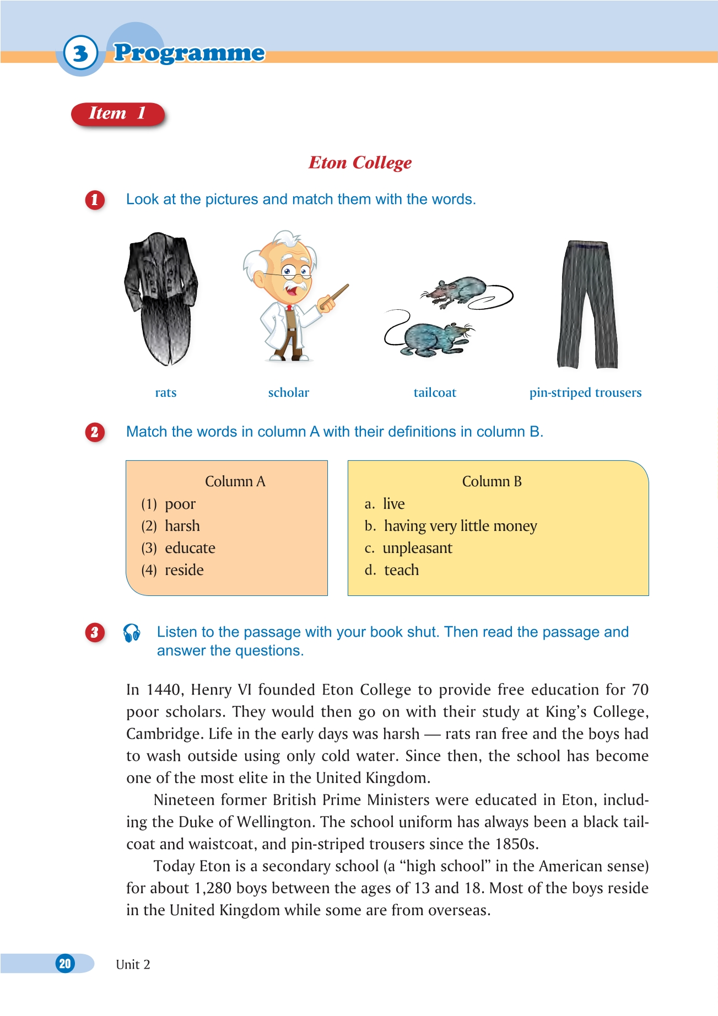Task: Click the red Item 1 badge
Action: pyautogui.click(x=117, y=114)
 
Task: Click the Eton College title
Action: pyautogui.click(x=360, y=163)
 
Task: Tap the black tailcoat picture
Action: pyautogui.click(x=161, y=298)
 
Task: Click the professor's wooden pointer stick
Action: pyautogui.click(x=336, y=296)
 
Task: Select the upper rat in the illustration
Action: pyautogui.click(x=457, y=291)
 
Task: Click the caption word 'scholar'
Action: pyautogui.click(x=288, y=393)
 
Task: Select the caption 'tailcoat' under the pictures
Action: pyautogui.click(x=435, y=393)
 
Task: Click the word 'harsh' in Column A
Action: pyautogui.click(x=182, y=526)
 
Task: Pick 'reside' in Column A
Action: pyautogui.click(x=184, y=570)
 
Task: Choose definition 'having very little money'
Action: pyautogui.click(x=460, y=526)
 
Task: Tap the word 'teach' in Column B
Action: pyautogui.click(x=401, y=570)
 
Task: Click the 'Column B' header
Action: pyautogui.click(x=492, y=481)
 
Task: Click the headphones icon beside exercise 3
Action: pyautogui.click(x=132, y=633)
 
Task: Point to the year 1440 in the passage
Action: pyautogui.click(x=164, y=690)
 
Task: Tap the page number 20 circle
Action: pyautogui.click(x=65, y=964)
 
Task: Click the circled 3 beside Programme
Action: pyautogui.click(x=80, y=53)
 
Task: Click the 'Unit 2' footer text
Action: pyautogui.click(x=133, y=964)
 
